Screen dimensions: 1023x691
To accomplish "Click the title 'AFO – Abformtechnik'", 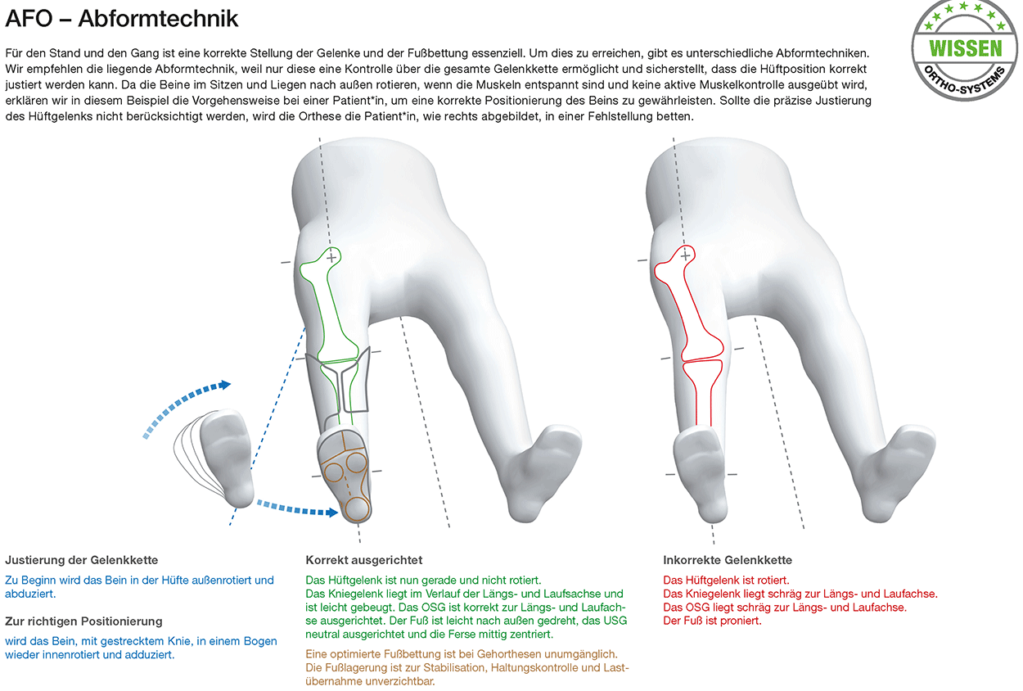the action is pyautogui.click(x=122, y=19).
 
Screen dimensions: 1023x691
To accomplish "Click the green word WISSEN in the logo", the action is pyautogui.click(x=966, y=48).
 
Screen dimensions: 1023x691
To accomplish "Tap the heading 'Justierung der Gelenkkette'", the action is pyautogui.click(x=82, y=560).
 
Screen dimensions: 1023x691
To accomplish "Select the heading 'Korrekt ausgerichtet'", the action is pyautogui.click(x=364, y=560).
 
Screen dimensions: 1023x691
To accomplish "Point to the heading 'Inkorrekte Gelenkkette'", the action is pyautogui.click(x=728, y=560).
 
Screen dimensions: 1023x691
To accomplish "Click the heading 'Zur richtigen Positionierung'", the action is pyautogui.click(x=84, y=621).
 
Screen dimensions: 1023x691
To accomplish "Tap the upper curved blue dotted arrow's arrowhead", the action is pyautogui.click(x=224, y=385).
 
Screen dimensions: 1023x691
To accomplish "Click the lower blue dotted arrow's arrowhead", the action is pyautogui.click(x=332, y=513).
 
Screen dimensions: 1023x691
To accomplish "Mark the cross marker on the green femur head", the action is pyautogui.click(x=331, y=258).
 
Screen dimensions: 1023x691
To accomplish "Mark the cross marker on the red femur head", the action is pyautogui.click(x=685, y=256).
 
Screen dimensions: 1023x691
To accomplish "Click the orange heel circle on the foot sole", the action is pyautogui.click(x=357, y=508).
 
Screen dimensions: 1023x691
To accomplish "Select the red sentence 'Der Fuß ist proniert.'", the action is pyautogui.click(x=713, y=621).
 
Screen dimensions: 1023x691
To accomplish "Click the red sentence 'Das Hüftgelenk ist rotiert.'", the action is pyautogui.click(x=726, y=580).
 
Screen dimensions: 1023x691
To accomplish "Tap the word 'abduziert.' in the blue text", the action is pyautogui.click(x=30, y=594).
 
